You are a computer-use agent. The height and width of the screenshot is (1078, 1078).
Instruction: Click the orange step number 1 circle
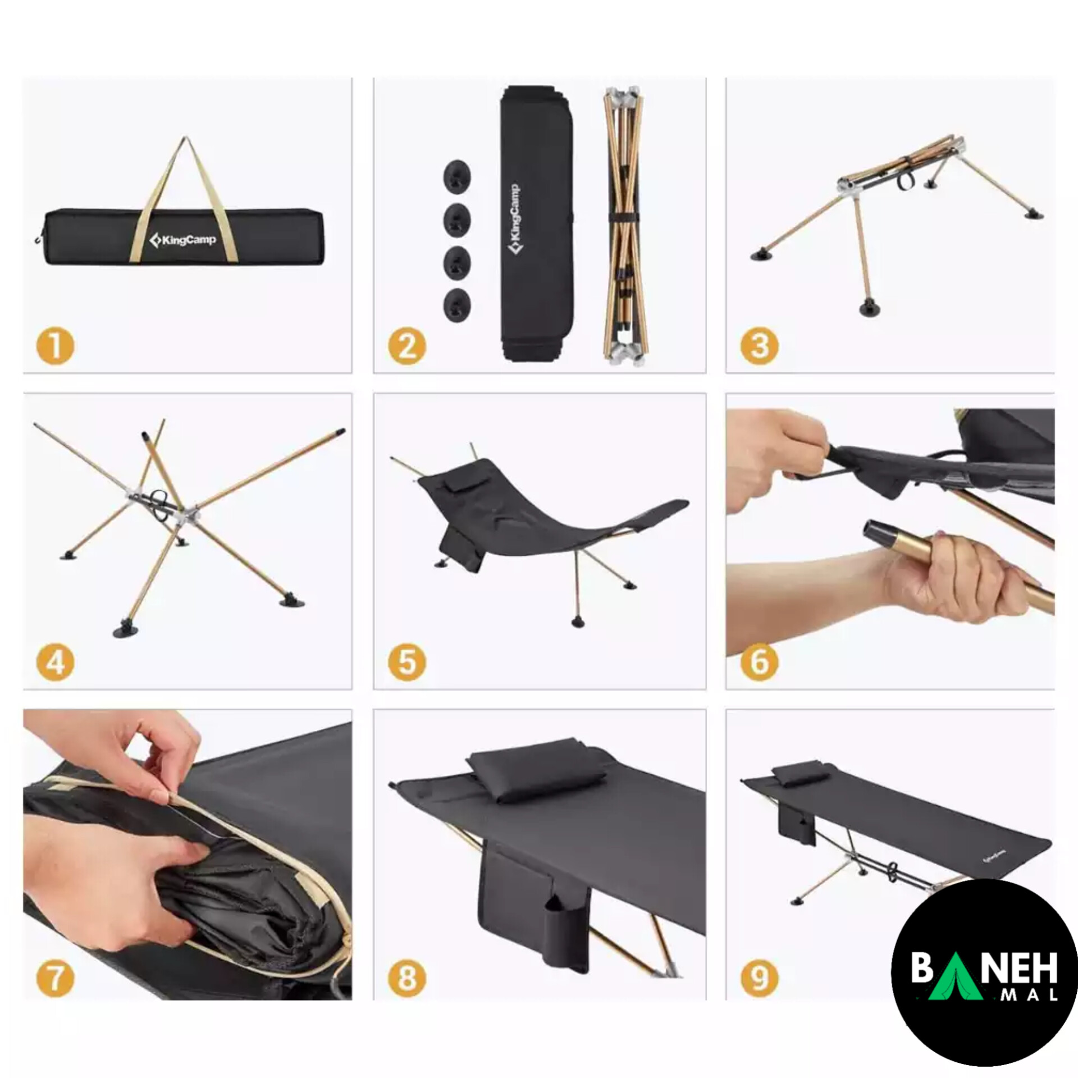pyautogui.click(x=55, y=346)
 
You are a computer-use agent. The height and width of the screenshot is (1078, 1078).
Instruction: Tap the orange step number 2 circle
pyautogui.click(x=407, y=346)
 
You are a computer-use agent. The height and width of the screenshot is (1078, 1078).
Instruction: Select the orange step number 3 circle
pyautogui.click(x=759, y=346)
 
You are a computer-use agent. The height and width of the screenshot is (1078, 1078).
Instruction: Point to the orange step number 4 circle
pyautogui.click(x=55, y=663)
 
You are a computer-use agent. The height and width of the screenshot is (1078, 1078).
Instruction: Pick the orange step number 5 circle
pyautogui.click(x=407, y=663)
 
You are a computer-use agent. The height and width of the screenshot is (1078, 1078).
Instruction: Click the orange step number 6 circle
pyautogui.click(x=759, y=663)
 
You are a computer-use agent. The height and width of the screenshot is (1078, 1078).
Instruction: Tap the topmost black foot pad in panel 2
pyautogui.click(x=457, y=176)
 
